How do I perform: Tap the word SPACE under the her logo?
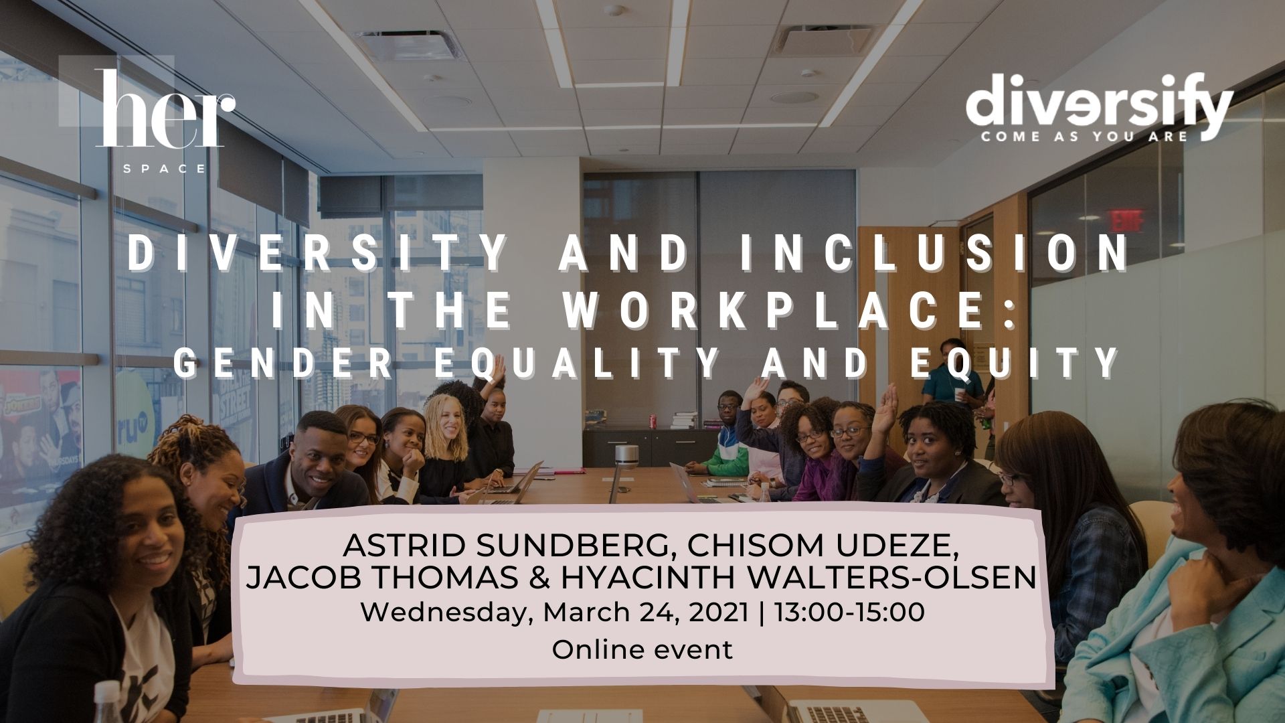point(165,168)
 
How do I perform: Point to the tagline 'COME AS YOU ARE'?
point(1084,137)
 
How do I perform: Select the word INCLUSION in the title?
point(934,253)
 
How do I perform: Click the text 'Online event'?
point(642,649)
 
